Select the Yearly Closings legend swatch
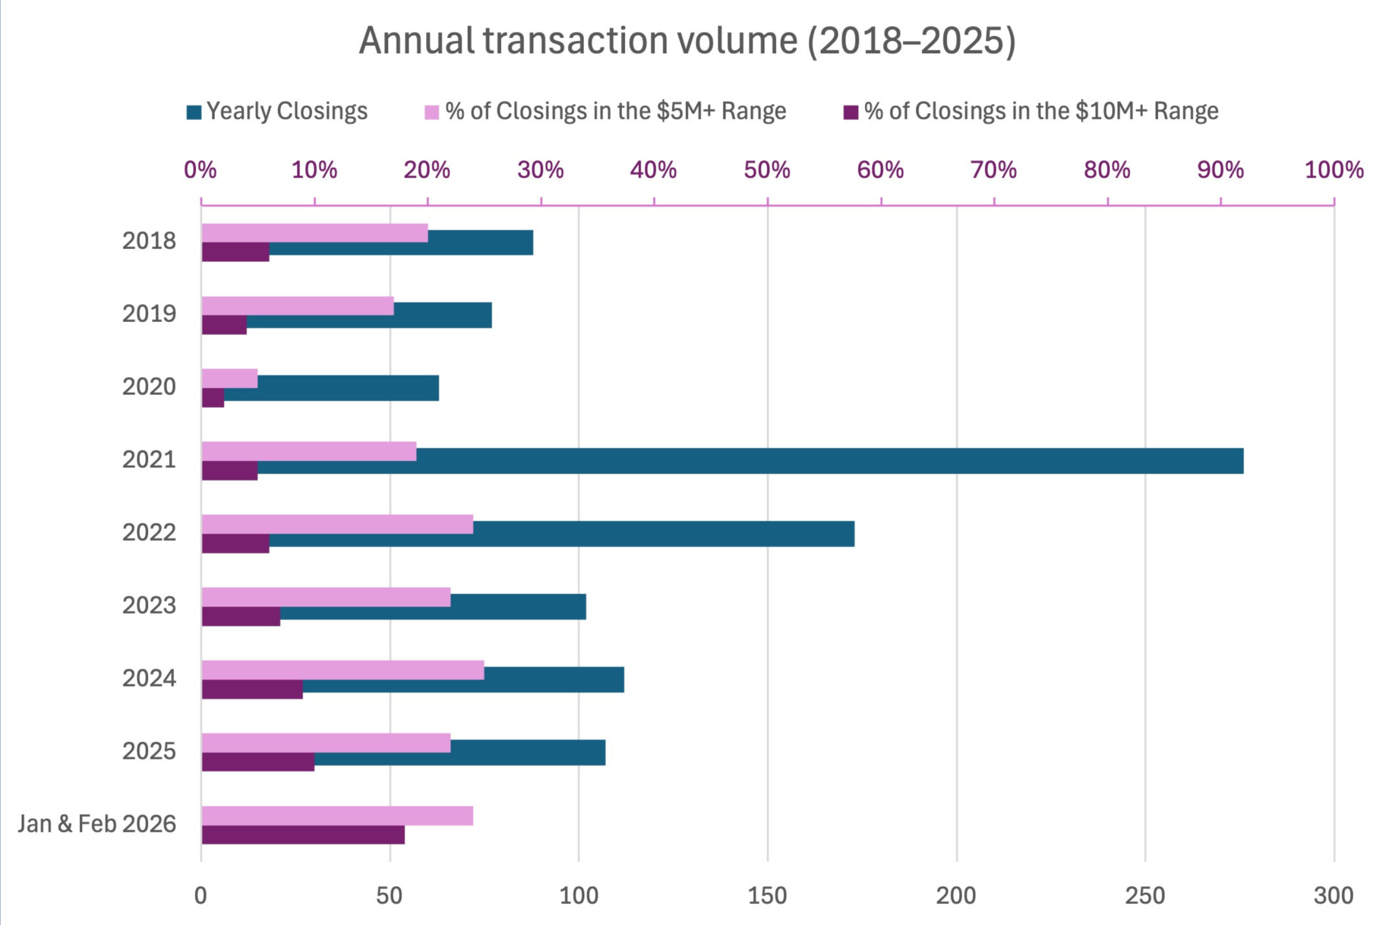(194, 112)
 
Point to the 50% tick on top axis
(767, 170)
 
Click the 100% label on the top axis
(1334, 170)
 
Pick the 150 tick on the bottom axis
(767, 896)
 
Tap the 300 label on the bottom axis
(1333, 896)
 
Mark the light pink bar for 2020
(230, 378)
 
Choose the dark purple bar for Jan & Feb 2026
(303, 834)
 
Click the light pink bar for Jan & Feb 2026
(337, 815)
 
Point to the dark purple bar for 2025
(258, 762)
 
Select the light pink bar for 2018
(315, 233)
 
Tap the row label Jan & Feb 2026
(97, 824)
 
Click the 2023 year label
(149, 605)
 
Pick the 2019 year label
(149, 313)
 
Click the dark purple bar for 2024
(252, 689)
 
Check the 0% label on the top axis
(200, 170)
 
